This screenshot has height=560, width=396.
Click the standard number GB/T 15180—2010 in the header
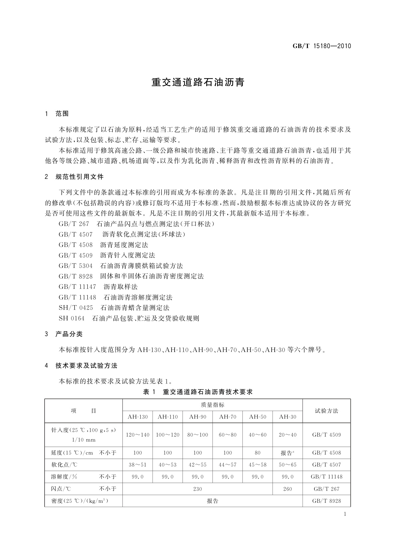point(322,46)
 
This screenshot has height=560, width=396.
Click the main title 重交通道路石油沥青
point(198,82)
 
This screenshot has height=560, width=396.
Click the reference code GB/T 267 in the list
point(74,224)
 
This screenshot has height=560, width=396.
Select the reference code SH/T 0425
point(76,308)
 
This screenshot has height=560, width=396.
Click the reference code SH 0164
point(71,319)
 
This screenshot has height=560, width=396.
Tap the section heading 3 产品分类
point(64,334)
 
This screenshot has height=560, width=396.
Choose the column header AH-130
point(138,417)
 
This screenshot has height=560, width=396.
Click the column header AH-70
point(228,417)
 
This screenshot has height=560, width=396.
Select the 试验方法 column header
point(327,411)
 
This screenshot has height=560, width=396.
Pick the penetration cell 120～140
point(138,435)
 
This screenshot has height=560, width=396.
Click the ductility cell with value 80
point(258,453)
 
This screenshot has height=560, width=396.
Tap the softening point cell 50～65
point(288,465)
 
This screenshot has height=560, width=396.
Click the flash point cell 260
point(288,489)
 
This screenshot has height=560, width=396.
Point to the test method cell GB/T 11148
point(327,477)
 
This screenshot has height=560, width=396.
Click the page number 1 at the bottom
point(345,514)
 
